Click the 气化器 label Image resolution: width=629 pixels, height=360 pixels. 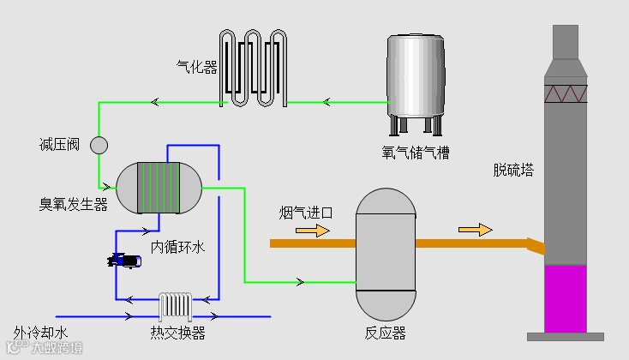pos(196,66)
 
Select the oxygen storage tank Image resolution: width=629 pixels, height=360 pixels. pos(415,79)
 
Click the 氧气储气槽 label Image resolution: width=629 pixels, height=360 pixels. pos(416,153)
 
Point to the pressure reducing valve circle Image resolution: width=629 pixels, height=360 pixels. pos(99,145)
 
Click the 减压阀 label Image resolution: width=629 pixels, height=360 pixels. pos(60,144)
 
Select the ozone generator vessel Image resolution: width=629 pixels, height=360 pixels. pos(159,188)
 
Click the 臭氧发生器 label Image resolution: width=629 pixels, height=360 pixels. pos(73,205)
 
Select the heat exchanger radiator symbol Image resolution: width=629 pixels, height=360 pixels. pos(175,306)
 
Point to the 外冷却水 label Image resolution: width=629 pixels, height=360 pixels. pos(40,333)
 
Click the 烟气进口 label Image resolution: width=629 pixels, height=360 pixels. pos(305,212)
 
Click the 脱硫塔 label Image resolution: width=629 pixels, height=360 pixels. pos(513,170)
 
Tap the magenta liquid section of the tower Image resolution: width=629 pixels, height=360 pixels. pos(565,297)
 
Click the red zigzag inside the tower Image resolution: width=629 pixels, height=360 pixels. pos(565,92)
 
